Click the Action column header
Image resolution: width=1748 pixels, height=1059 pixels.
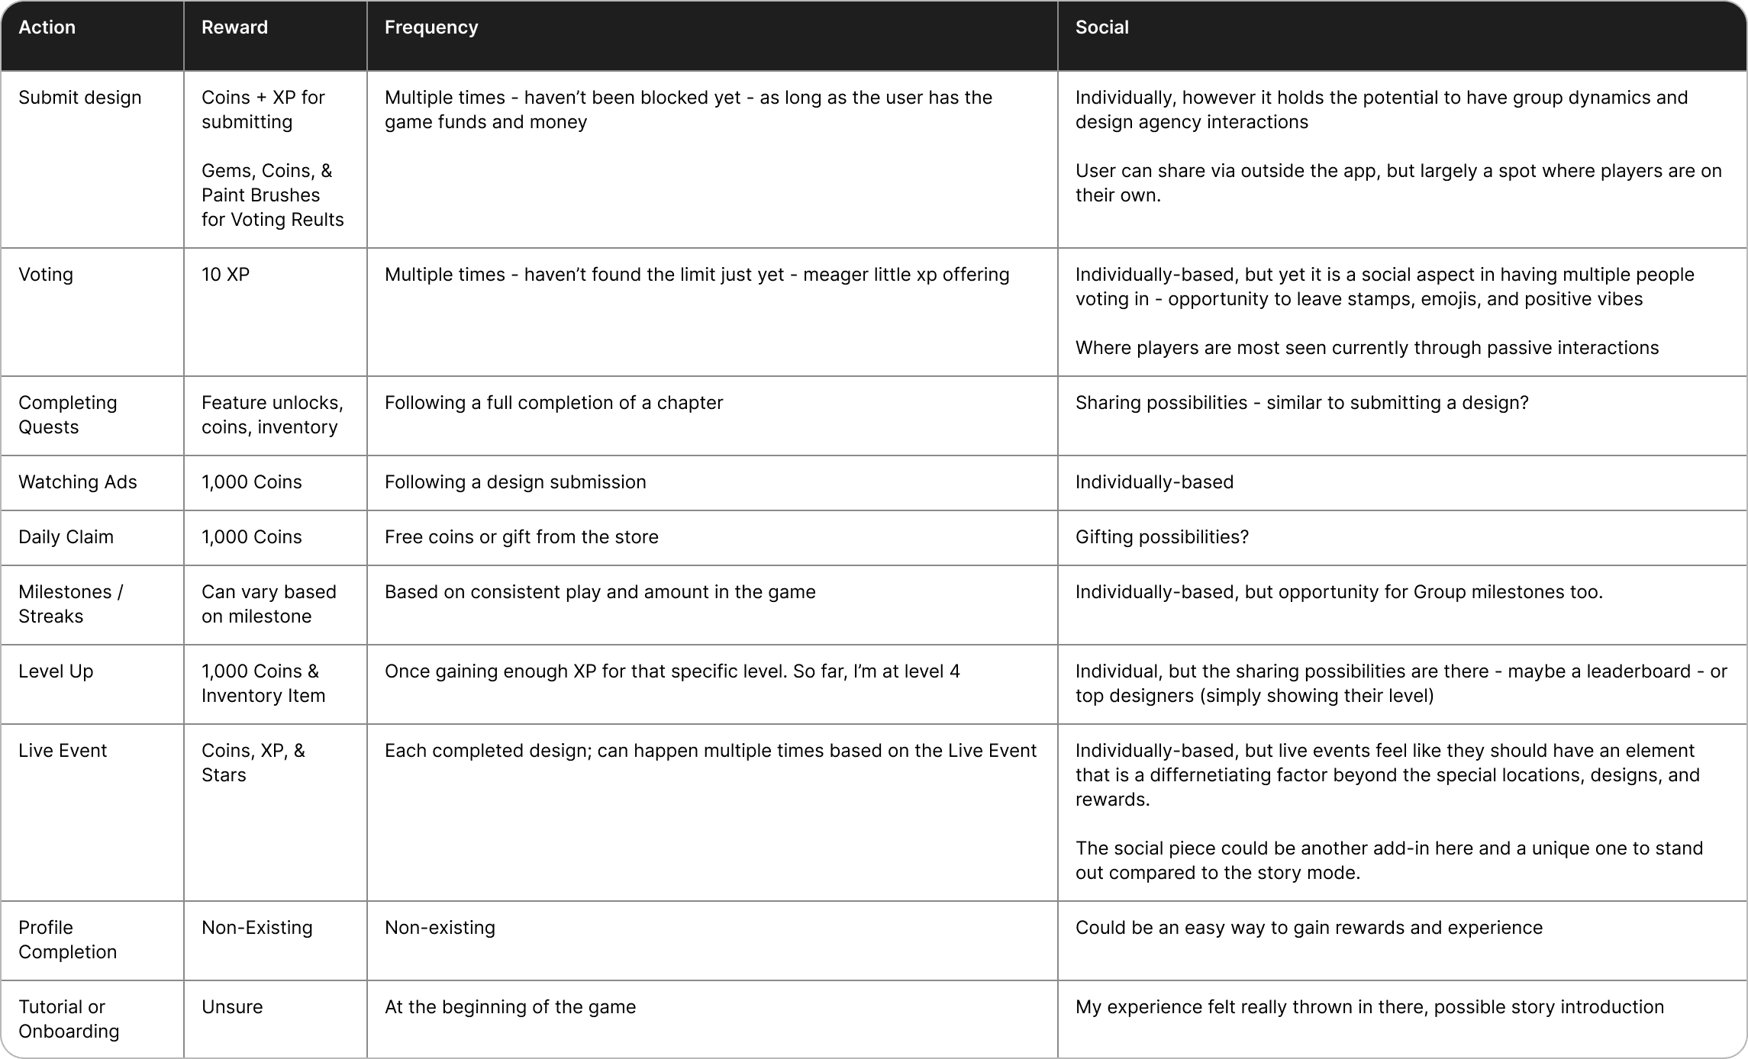coord(47,27)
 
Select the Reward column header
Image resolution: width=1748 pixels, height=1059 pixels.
coord(234,27)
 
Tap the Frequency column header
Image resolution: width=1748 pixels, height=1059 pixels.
coord(431,27)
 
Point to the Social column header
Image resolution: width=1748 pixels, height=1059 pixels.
coord(1101,27)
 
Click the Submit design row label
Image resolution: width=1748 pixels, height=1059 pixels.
coord(80,98)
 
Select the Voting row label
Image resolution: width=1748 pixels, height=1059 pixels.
coord(46,275)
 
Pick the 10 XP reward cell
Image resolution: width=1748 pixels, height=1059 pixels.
coord(225,275)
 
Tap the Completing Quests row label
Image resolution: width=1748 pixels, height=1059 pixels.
coord(68,415)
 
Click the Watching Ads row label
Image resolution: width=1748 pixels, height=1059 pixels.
coord(78,482)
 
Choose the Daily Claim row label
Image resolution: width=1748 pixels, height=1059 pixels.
coord(66,537)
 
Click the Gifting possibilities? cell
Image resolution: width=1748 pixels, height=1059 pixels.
coord(1162,537)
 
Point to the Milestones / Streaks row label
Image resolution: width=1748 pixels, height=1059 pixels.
coord(70,604)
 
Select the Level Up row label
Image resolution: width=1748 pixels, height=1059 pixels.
coord(56,671)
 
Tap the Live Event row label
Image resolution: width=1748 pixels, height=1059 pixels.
coord(63,751)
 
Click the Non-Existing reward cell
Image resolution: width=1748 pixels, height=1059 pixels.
coord(257,928)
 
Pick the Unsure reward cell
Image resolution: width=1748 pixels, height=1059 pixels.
coord(232,1007)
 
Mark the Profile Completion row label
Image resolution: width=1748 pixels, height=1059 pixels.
coord(67,940)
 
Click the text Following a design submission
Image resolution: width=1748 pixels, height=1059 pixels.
coord(515,482)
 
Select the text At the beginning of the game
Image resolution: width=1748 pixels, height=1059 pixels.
coord(510,1007)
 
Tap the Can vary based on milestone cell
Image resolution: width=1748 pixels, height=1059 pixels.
coord(269,604)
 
